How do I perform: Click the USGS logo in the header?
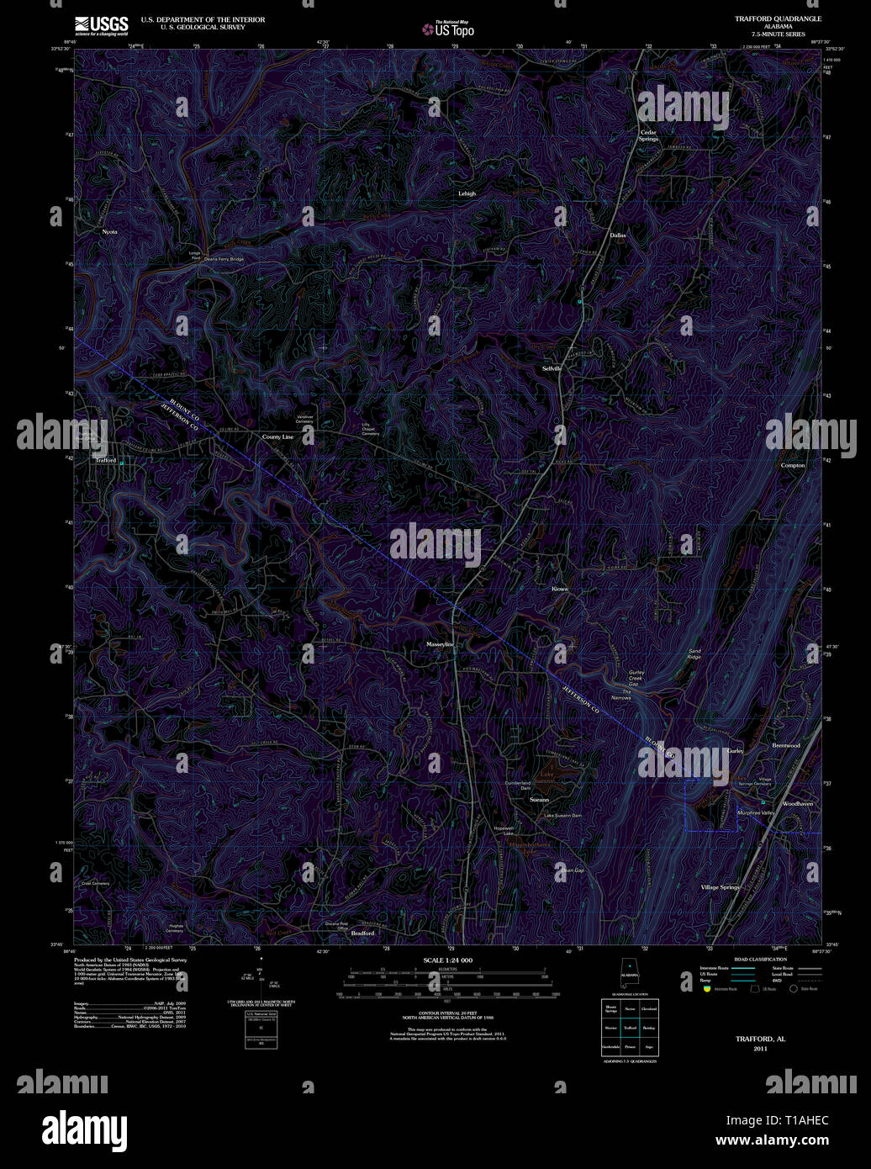pos(101,26)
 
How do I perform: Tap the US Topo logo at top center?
pos(448,29)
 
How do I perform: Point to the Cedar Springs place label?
pos(648,135)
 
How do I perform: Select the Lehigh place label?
pos(467,193)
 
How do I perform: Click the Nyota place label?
pos(109,231)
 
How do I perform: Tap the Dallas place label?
pos(618,235)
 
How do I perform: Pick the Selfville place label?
pos(552,368)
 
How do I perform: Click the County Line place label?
pos(277,437)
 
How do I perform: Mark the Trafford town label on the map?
pos(105,461)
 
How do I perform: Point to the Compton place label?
pos(792,465)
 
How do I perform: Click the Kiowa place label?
pos(560,589)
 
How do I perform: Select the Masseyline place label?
pos(440,644)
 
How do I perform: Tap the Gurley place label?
pos(736,750)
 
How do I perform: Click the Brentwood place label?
pos(786,745)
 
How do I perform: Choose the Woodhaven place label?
pos(798,804)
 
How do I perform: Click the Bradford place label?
pos(362,934)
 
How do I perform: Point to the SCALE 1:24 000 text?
pos(447,960)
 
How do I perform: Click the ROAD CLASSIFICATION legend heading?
pos(760,960)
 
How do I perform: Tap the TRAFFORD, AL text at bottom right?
pos(760,1039)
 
